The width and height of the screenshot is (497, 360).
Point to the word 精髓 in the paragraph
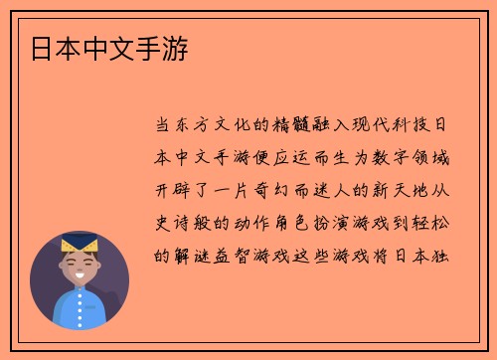[315, 126]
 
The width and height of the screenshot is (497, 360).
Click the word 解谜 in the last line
[196, 254]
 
